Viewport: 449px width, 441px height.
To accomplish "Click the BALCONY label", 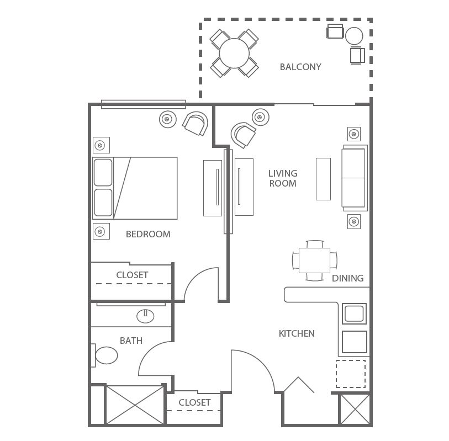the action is point(300,67).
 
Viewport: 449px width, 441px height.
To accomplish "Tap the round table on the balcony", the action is point(234,53).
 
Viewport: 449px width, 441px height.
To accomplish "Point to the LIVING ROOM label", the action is point(283,178).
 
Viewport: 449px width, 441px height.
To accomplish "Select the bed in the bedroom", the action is point(135,188).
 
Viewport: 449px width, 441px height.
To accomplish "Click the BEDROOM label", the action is point(148,234).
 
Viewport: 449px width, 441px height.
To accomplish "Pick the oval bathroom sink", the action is point(145,316).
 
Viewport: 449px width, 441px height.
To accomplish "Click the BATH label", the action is point(131,341).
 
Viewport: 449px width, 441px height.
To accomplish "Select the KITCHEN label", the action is point(297,333).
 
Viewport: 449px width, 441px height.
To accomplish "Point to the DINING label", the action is point(347,278).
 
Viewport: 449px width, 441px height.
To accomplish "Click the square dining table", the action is point(314,260).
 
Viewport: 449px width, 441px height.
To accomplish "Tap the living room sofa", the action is point(355,178).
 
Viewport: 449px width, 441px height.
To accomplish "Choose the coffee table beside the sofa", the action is point(323,179).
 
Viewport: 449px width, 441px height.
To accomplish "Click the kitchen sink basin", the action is point(355,314).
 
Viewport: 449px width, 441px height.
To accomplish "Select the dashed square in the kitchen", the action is point(351,374).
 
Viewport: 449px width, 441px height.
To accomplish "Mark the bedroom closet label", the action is point(132,275).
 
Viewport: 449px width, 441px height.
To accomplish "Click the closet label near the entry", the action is point(194,403).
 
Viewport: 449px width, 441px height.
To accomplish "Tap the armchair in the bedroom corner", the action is point(196,123).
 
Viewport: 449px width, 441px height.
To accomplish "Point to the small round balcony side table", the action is point(354,36).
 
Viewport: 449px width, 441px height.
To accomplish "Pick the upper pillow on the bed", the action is point(103,172).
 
